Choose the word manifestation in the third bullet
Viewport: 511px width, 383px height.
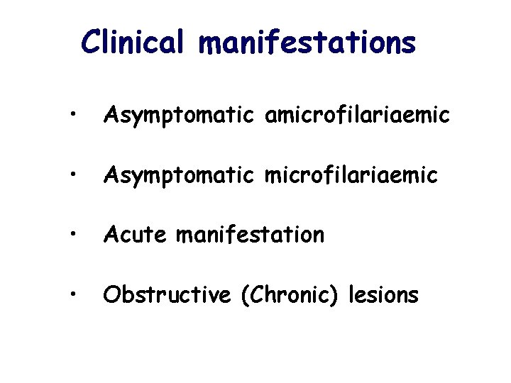point(250,234)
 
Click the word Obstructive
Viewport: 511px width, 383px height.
point(167,294)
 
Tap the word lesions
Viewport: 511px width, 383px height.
point(383,294)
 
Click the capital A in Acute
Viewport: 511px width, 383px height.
point(111,234)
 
